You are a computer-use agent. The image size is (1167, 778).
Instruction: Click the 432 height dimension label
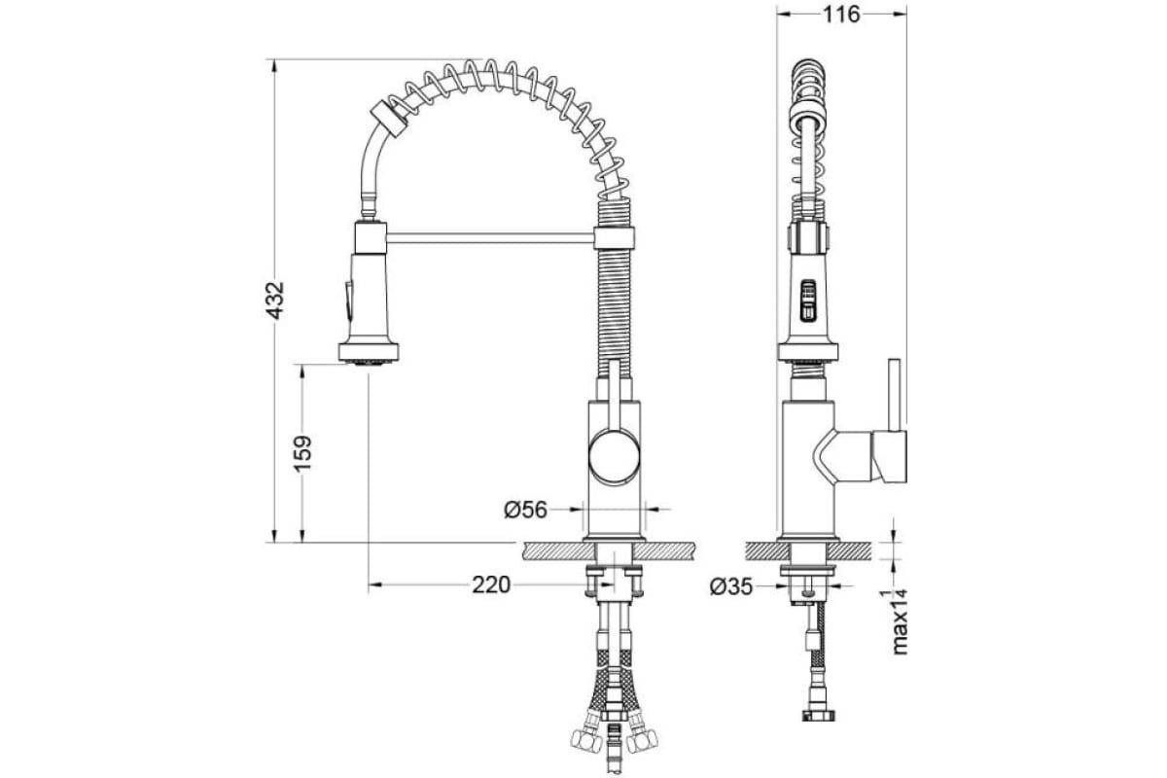[x=274, y=301]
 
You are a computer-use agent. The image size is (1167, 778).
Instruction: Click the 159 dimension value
[x=302, y=453]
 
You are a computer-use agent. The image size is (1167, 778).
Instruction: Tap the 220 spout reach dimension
[x=491, y=584]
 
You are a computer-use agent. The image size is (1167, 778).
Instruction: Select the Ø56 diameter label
[x=526, y=510]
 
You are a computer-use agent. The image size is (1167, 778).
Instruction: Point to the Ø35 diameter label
[x=731, y=587]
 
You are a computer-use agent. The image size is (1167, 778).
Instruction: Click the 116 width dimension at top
[x=841, y=15]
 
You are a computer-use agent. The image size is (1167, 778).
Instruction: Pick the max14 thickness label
[x=900, y=621]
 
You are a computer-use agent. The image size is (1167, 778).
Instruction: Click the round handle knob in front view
[x=615, y=456]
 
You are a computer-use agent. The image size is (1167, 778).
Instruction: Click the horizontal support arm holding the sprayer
[x=490, y=238]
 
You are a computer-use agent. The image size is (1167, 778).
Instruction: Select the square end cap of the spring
[x=389, y=119]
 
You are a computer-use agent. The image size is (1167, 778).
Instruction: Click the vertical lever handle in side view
[x=894, y=395]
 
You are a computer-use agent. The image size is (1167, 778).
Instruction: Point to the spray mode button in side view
[x=808, y=300]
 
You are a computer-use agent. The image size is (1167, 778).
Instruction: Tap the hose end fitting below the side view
[x=818, y=714]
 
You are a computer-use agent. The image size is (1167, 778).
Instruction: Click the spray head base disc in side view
[x=808, y=352]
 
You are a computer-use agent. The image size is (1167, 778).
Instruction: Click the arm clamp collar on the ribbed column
[x=615, y=238]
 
